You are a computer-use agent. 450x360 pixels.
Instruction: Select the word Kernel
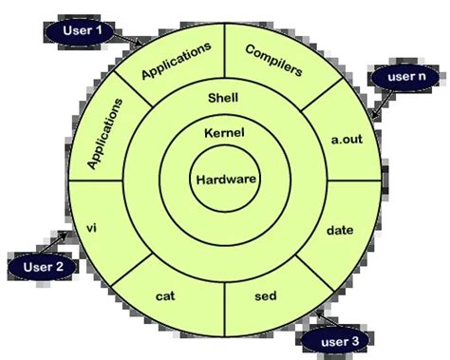pos(223,135)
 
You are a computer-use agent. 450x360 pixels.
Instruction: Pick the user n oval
pos(404,74)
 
